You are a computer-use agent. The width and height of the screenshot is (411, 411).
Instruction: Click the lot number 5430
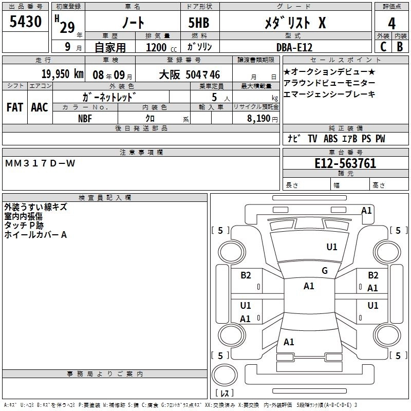pos(26,22)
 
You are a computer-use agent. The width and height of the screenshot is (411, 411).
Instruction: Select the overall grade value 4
pos(391,23)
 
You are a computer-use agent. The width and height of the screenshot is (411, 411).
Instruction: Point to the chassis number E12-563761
pos(345,164)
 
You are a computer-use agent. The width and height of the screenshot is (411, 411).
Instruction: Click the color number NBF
pos(85,118)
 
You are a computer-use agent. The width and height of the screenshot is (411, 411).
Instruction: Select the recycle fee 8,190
pos(263,118)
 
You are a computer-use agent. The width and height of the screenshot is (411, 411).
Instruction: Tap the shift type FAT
pos(15,107)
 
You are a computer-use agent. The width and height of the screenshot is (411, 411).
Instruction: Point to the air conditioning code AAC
pos(40,107)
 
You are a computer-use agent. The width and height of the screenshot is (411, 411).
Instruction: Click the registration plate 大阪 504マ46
pos(190,74)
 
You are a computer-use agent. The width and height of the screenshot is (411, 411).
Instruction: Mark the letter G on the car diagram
pos(324,271)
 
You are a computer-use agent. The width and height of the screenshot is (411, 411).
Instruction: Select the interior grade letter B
pos(400,47)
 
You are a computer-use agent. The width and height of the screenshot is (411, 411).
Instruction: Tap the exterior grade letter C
pos(383,47)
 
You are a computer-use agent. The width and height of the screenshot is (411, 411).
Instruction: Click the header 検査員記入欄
pos(105,197)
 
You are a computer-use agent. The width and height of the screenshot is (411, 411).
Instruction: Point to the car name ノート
pos(132,23)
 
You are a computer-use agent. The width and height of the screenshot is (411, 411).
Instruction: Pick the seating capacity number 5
pos(213,97)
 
